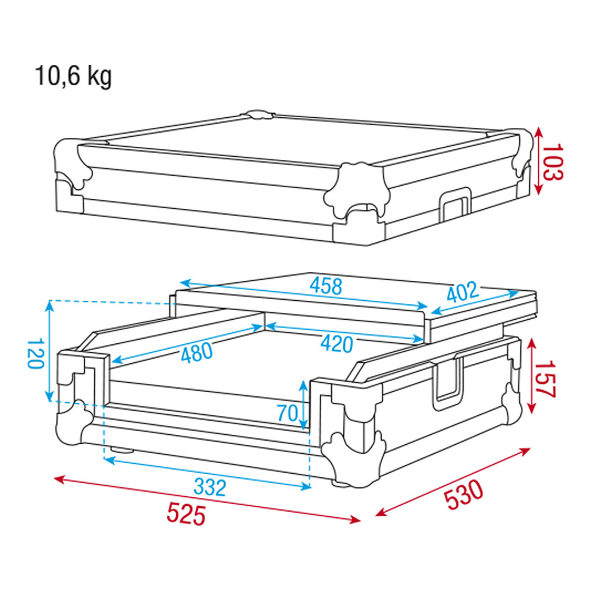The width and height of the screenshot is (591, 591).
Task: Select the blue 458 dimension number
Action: (x=326, y=286)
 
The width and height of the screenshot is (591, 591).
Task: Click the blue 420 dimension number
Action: (x=337, y=344)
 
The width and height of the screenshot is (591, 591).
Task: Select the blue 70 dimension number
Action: (x=288, y=413)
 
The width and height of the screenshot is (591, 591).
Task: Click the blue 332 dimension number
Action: (x=210, y=488)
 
